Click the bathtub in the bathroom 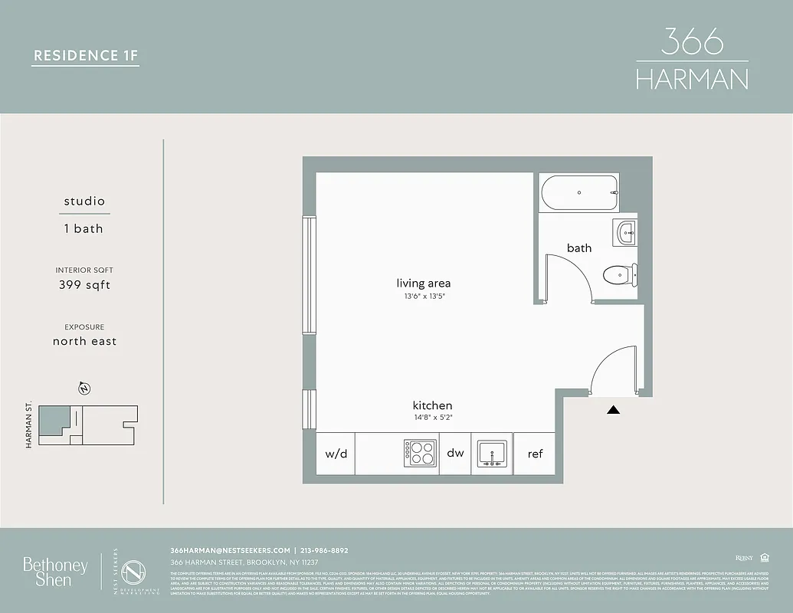579,192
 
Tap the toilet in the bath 618,274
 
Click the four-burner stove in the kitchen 420,453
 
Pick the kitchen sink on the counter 491,454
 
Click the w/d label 336,454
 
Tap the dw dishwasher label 455,454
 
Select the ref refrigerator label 535,454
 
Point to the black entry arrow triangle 613,411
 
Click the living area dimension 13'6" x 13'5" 424,297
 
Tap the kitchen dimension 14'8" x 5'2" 433,418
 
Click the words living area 424,284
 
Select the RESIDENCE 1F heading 85,55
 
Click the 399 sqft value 84,285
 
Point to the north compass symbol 84,388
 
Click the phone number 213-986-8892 325,550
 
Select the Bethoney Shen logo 55,572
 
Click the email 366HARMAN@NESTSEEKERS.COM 230,550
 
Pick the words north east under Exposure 84,341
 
